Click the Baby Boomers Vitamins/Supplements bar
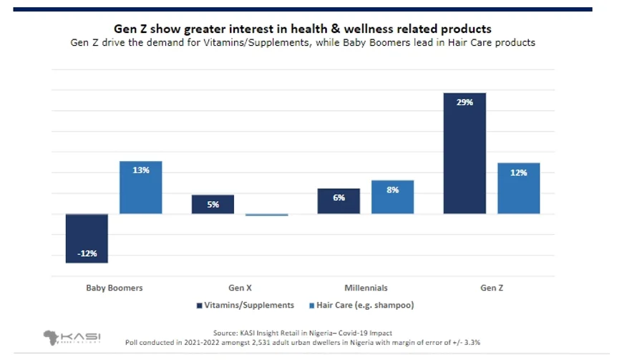(x=87, y=238)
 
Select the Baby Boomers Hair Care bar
(x=140, y=188)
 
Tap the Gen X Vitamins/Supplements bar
(x=213, y=205)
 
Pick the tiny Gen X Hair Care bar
(x=266, y=215)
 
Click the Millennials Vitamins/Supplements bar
(x=339, y=201)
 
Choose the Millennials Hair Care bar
(x=392, y=197)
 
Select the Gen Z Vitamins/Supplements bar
(x=465, y=153)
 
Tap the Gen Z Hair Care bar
(x=518, y=188)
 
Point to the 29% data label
(x=465, y=102)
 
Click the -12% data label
(x=87, y=253)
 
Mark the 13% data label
(x=140, y=170)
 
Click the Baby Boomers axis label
(x=114, y=288)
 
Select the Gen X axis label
(x=240, y=288)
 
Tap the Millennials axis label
(x=366, y=288)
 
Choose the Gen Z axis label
(x=491, y=288)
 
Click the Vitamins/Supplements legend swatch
(x=199, y=306)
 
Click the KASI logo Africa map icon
(x=53, y=336)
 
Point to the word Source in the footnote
(x=226, y=333)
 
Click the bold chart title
(x=303, y=29)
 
